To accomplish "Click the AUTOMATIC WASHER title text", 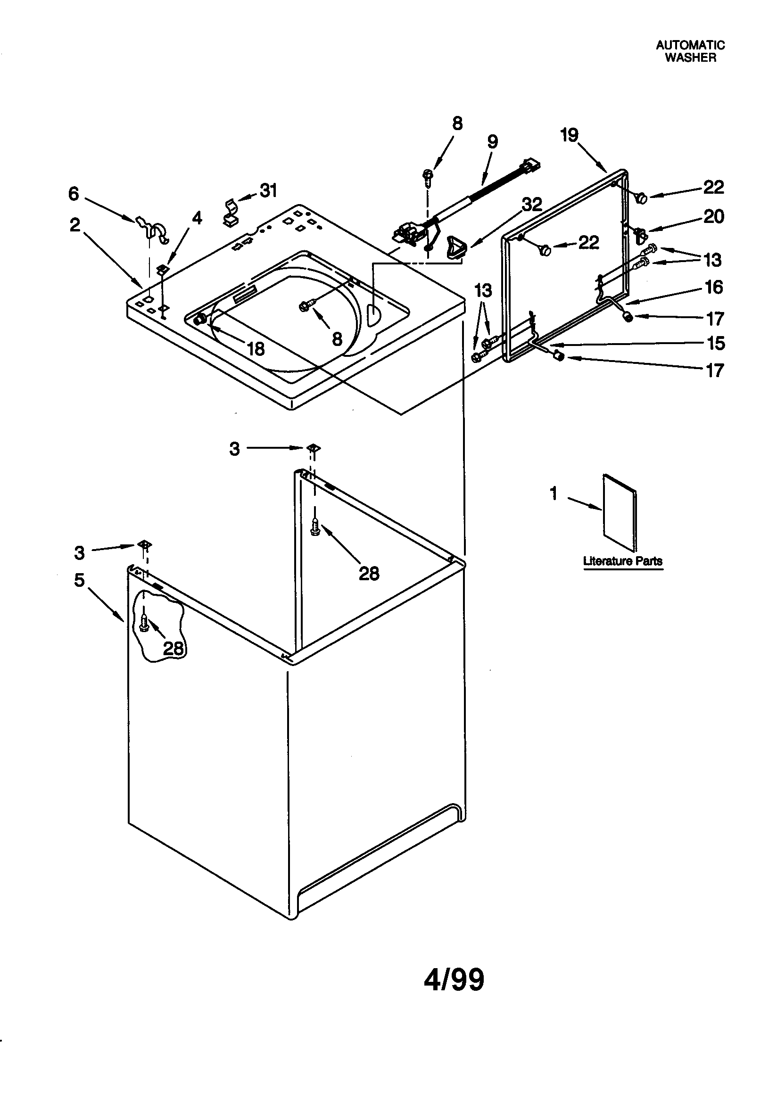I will click(690, 51).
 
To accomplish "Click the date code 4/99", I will click(454, 979).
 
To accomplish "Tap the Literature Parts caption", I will click(622, 560).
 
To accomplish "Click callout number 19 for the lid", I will click(570, 135).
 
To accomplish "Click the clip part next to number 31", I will click(231, 213).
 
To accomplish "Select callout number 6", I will click(73, 194).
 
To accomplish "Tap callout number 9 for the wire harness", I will click(493, 141).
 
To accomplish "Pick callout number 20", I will click(713, 216).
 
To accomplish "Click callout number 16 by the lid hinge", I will click(714, 287).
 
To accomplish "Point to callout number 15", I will click(716, 343).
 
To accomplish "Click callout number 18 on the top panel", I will click(256, 349).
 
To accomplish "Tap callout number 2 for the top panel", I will click(75, 225).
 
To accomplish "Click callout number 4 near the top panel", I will click(197, 218).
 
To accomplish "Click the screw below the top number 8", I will click(428, 176).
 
